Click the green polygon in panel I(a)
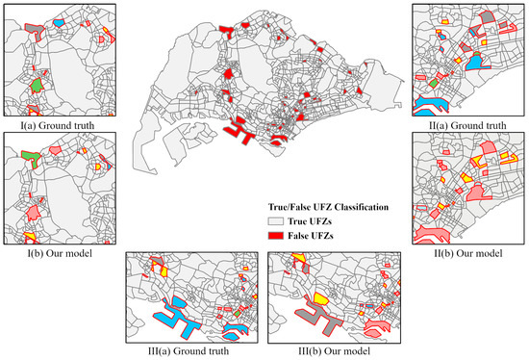[35, 86]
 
